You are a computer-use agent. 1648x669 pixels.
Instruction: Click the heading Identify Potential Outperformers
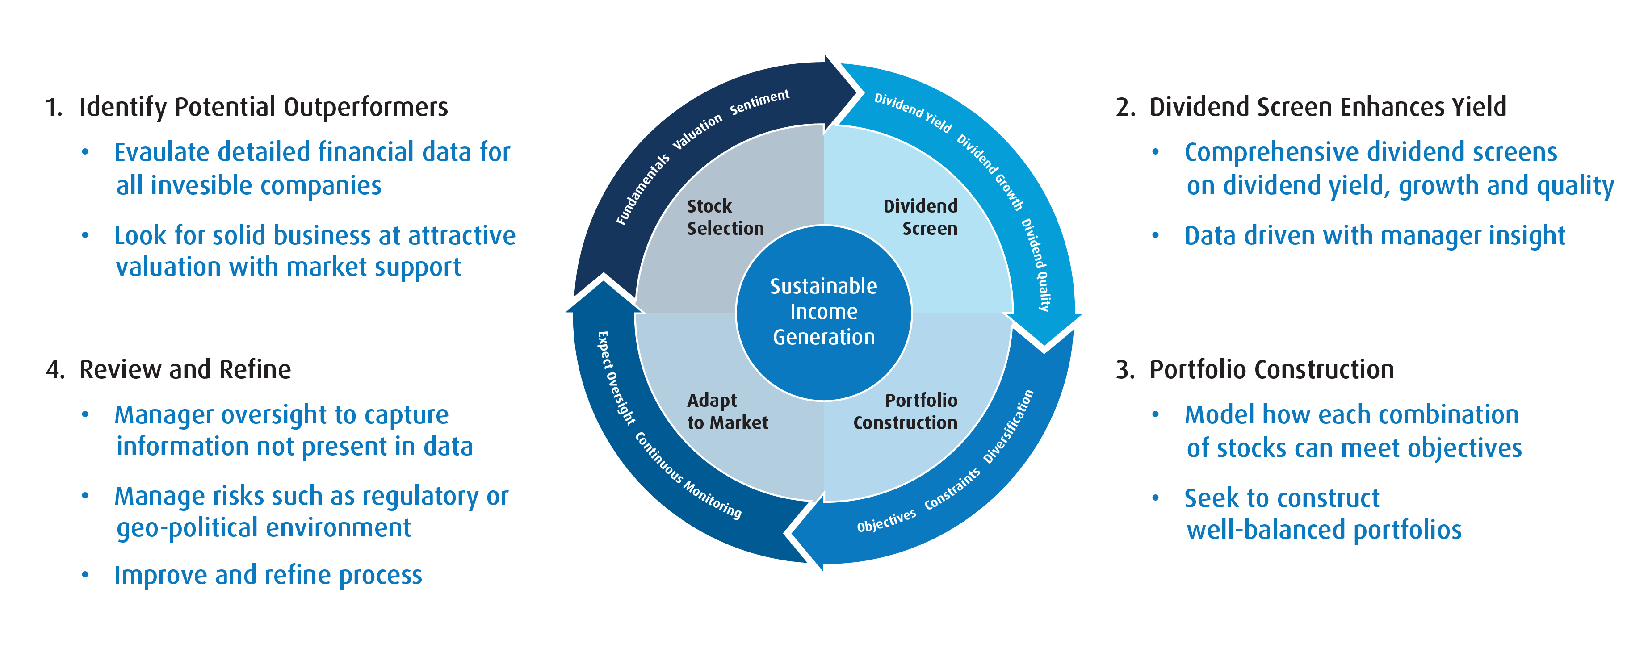[x=263, y=107]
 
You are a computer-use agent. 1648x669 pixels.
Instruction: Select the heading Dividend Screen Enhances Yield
[x=1328, y=107]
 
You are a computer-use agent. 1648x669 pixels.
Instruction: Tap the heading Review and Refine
[x=185, y=370]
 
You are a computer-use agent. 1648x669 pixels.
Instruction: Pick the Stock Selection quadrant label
[x=725, y=217]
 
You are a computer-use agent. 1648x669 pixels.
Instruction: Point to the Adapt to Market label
[x=727, y=411]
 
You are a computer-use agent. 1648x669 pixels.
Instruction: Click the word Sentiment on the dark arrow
[x=759, y=102]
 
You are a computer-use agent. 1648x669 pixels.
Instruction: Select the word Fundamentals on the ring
[x=642, y=189]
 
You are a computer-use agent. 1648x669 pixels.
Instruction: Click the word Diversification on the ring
[x=1008, y=426]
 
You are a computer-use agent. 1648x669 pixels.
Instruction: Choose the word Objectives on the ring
[x=886, y=521]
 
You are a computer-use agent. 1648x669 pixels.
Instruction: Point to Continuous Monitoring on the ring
[x=688, y=475]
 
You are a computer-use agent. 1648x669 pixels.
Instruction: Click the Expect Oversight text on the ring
[x=616, y=378]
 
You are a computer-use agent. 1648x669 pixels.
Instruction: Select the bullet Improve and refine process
[x=268, y=575]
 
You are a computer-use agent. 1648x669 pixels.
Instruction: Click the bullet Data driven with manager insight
[x=1374, y=235]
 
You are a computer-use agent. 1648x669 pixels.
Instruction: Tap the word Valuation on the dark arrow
[x=697, y=132]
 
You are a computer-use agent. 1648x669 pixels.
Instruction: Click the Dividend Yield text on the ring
[x=913, y=113]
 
